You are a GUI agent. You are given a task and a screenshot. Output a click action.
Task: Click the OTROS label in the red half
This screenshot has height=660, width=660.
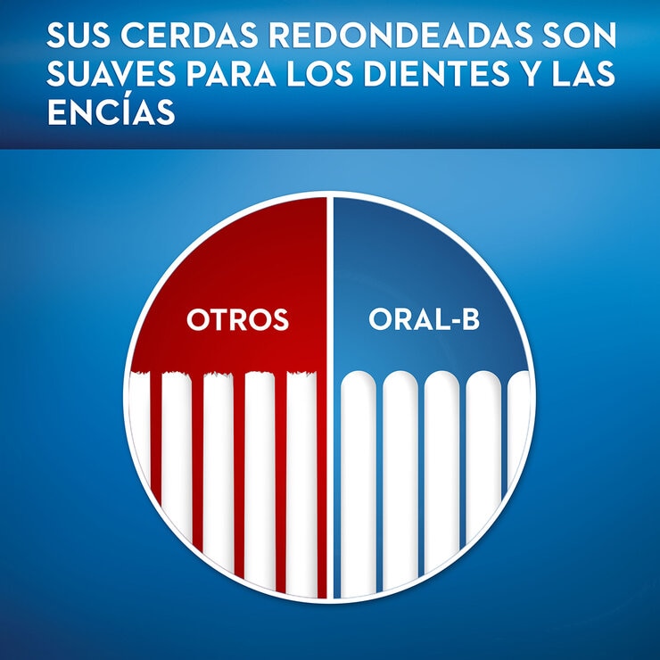(237, 319)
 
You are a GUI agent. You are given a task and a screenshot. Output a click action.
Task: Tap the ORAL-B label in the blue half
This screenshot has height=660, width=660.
(424, 319)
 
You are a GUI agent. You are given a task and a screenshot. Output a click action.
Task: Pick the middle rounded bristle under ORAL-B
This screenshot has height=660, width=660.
(441, 473)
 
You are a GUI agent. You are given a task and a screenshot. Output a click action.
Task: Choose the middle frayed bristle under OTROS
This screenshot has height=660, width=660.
(218, 473)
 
